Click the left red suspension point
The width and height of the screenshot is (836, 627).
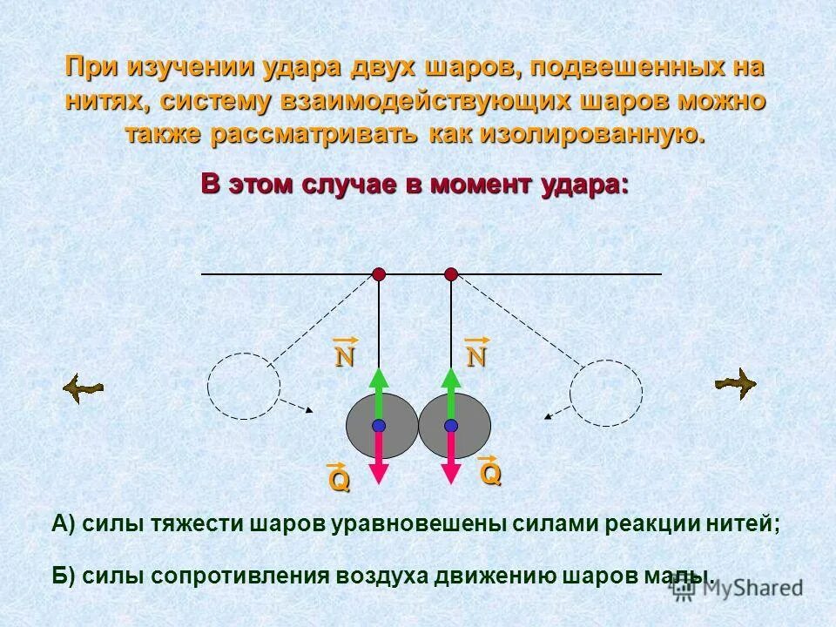379,274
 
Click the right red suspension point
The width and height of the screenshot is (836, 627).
451,274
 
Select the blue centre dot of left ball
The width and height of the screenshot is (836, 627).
379,426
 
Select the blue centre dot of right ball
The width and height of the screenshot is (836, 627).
451,426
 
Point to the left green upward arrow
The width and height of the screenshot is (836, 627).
379,392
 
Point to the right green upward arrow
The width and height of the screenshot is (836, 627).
451,392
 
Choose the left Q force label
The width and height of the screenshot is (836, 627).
339,478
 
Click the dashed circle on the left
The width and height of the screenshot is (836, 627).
244,388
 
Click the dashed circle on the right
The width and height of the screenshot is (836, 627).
606,394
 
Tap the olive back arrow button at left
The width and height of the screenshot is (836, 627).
83,388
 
